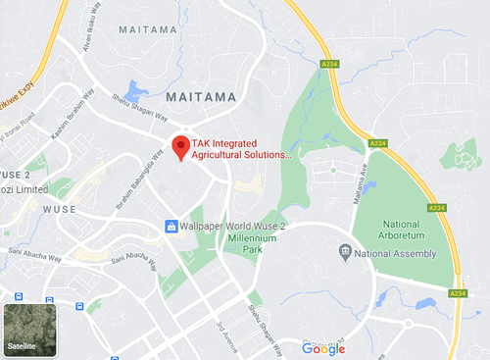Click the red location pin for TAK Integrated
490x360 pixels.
[180, 147]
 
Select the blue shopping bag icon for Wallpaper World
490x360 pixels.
[171, 227]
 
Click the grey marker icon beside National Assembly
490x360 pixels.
[345, 254]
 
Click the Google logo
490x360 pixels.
[323, 348]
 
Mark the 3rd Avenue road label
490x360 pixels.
[226, 330]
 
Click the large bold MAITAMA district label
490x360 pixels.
[202, 97]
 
